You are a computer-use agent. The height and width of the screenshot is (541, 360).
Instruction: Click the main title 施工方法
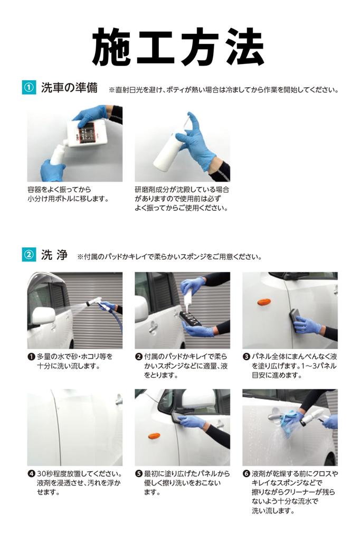178,46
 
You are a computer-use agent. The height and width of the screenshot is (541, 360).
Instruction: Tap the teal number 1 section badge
29,88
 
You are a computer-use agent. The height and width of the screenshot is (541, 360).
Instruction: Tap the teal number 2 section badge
29,255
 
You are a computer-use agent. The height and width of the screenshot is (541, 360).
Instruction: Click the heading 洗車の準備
69,88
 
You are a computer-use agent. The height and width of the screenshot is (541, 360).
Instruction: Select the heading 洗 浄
54,255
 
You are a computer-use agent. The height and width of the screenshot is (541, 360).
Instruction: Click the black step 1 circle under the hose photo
31,357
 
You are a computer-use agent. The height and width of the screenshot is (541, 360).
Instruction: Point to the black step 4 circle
31,474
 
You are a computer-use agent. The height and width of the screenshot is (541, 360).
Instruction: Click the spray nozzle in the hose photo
97,302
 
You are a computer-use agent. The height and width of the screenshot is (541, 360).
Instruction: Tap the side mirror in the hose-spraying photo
42,315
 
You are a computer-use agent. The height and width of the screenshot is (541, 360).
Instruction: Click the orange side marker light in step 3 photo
264,302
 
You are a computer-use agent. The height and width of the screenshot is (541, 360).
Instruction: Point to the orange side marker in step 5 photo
154,436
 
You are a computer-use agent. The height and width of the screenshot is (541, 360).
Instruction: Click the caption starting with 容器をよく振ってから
68,194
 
